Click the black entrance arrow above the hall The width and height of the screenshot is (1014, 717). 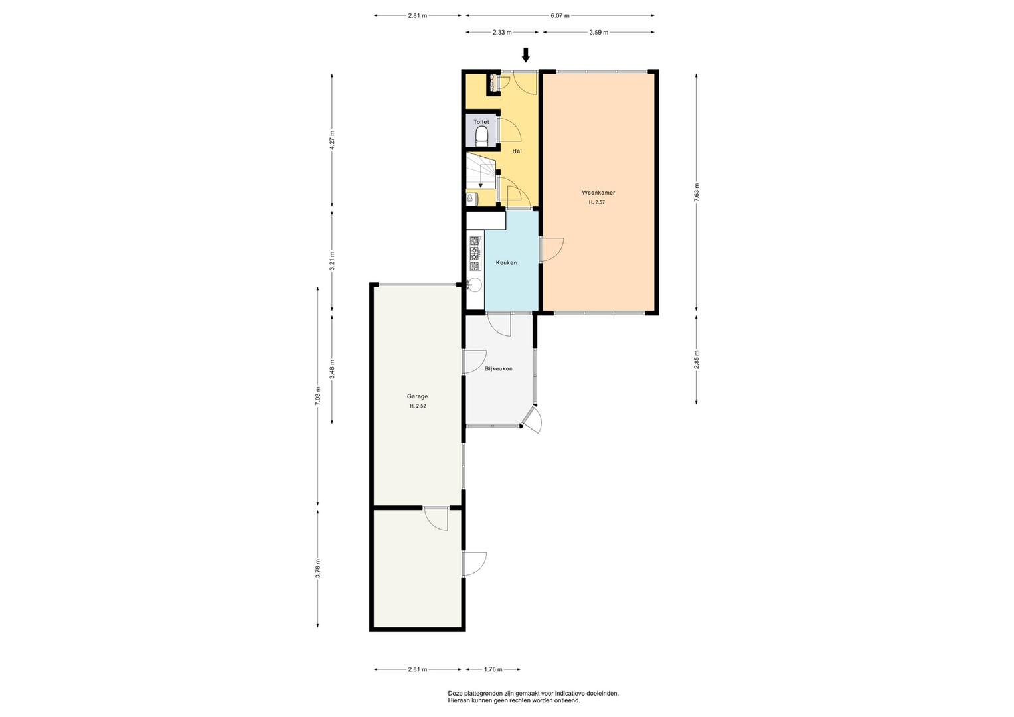pyautogui.click(x=525, y=54)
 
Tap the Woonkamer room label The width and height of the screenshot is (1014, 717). pyautogui.click(x=598, y=193)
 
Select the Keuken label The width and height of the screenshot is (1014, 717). pyautogui.click(x=506, y=262)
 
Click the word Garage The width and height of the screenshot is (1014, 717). pyautogui.click(x=417, y=396)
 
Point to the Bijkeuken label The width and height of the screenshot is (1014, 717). pyautogui.click(x=499, y=368)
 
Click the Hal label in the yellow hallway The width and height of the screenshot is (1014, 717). pyautogui.click(x=517, y=151)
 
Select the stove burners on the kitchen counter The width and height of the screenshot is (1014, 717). pyautogui.click(x=474, y=253)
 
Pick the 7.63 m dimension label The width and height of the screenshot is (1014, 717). pyautogui.click(x=696, y=193)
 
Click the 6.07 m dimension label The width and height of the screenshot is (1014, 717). pyautogui.click(x=560, y=15)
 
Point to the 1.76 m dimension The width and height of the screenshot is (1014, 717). pyautogui.click(x=493, y=669)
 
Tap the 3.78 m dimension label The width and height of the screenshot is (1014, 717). pyautogui.click(x=318, y=568)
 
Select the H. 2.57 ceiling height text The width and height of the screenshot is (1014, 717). pyautogui.click(x=596, y=202)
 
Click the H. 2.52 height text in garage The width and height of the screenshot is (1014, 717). pyautogui.click(x=418, y=406)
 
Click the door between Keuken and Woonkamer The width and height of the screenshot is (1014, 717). pyautogui.click(x=551, y=250)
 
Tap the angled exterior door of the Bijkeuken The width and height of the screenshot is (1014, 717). pyautogui.click(x=531, y=420)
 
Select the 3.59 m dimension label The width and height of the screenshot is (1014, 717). pyautogui.click(x=598, y=32)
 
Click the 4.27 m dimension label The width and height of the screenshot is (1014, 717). pyautogui.click(x=332, y=140)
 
